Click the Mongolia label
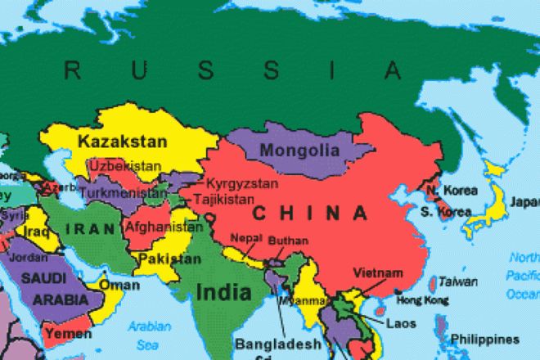coord(299,151)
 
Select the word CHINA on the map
coord(309,214)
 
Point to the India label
coord(222,290)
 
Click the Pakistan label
coord(169,259)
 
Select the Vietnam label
coord(377,272)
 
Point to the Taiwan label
coord(457,281)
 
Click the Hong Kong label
coord(424,301)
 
